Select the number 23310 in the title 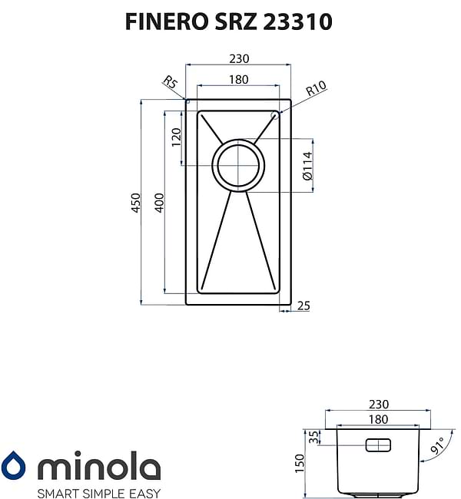297,21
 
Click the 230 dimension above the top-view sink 237,58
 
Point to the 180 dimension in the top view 237,79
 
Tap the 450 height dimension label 135,202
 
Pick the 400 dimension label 160,202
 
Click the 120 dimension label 176,137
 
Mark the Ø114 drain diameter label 307,165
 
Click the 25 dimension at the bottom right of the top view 303,306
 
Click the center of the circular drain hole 238,165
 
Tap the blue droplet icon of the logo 13,466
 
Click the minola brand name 99,466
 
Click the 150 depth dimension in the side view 300,462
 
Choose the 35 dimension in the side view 313,438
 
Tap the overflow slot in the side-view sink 378,445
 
